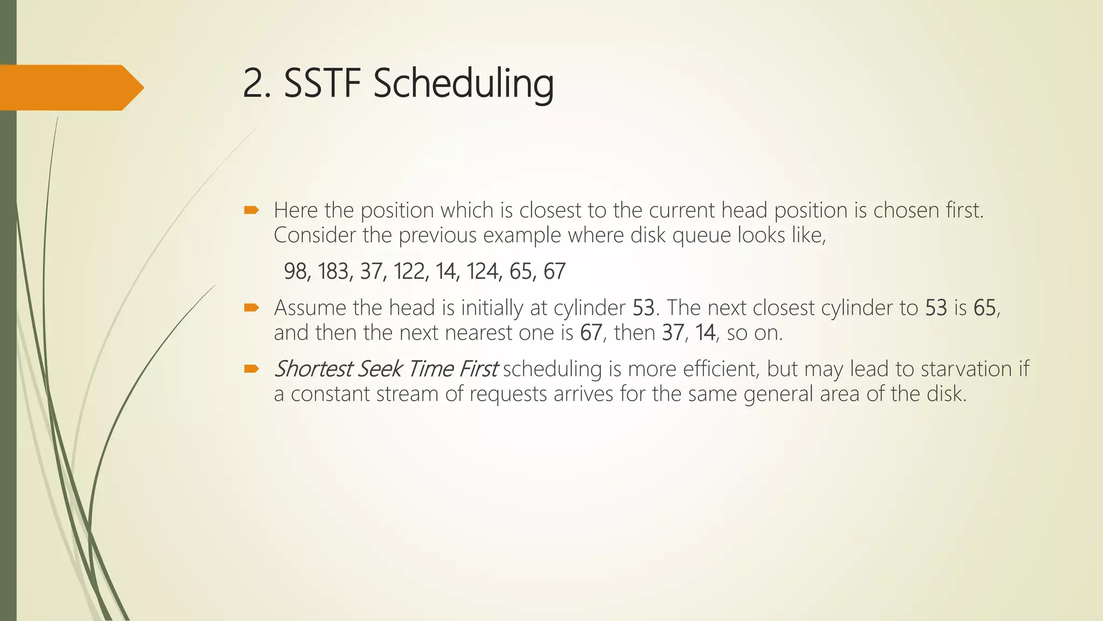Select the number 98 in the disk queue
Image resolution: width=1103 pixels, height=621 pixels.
point(296,271)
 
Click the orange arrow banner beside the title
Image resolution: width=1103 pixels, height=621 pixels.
point(70,87)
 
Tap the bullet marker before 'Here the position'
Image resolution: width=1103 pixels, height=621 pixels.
point(252,210)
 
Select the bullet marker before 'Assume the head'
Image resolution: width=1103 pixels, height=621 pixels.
point(252,308)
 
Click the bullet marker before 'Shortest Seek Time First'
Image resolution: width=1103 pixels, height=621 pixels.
point(252,369)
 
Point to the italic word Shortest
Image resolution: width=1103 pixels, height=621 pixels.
point(313,369)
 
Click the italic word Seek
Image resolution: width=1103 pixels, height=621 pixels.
point(380,369)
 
